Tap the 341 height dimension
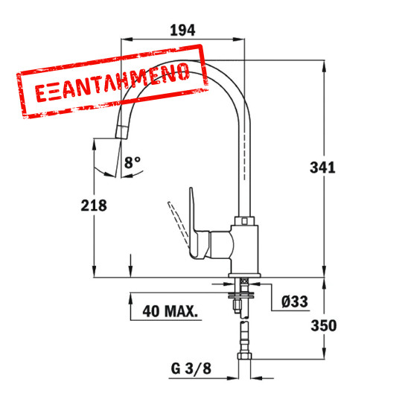(322, 167)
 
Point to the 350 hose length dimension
(322, 325)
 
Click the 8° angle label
(132, 162)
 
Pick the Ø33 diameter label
(295, 301)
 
